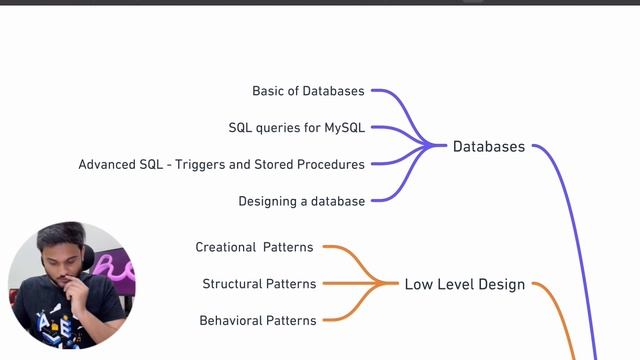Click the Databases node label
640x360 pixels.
pos(488,147)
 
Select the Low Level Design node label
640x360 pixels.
pos(464,284)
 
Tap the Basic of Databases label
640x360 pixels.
pos(308,91)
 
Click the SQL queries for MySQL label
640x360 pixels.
pos(296,128)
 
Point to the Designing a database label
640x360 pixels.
pos(301,201)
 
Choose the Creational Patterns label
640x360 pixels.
pos(254,247)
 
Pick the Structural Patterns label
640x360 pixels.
pos(259,284)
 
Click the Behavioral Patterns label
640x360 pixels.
pos(258,321)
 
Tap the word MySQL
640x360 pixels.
pos(344,128)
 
